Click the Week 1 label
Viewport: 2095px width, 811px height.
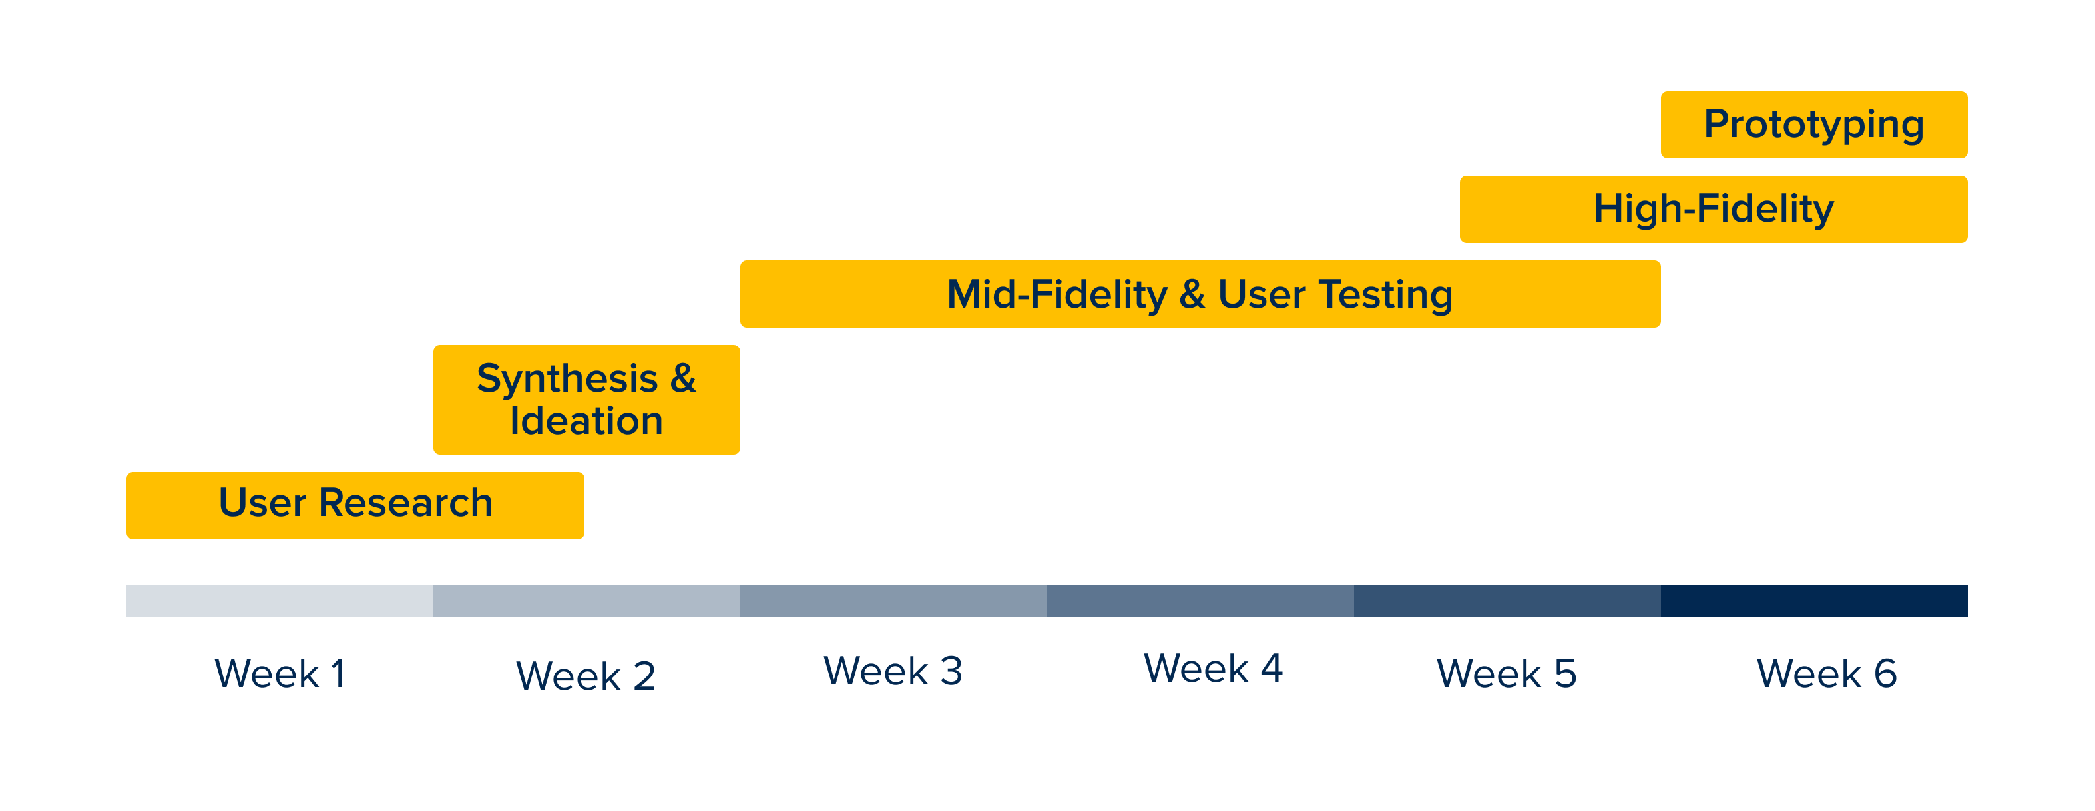(x=280, y=674)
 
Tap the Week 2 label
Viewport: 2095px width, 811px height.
(x=586, y=676)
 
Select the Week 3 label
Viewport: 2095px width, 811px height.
(x=893, y=671)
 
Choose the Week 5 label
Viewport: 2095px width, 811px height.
(x=1507, y=674)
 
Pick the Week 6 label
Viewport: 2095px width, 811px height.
(x=1827, y=674)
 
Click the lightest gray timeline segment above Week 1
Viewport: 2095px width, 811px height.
(x=280, y=601)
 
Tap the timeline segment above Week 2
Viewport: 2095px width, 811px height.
(x=586, y=601)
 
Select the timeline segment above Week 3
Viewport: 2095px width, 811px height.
(x=893, y=601)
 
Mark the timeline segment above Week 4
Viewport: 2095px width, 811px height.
(x=1200, y=601)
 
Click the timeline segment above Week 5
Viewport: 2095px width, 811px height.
(x=1507, y=601)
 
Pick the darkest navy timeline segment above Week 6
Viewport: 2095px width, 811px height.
(x=1813, y=601)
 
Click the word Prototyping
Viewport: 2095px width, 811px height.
(x=1813, y=125)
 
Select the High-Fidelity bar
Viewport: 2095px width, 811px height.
(x=1714, y=209)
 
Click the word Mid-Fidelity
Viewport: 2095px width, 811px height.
(x=1057, y=294)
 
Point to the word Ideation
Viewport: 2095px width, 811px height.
(x=586, y=421)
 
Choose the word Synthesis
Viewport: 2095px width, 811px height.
(x=567, y=379)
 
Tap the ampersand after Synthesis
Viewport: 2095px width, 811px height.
(x=683, y=379)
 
